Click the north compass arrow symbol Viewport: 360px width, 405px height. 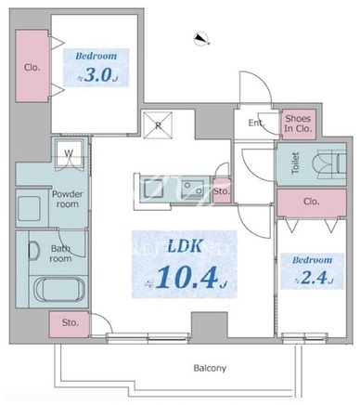(x=202, y=39)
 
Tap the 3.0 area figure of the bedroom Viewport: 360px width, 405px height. (x=97, y=76)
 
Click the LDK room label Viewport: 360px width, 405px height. (x=185, y=246)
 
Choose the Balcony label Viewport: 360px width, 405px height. (x=210, y=368)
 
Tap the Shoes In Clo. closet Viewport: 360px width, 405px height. (x=299, y=124)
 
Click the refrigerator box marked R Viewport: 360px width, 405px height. (x=158, y=125)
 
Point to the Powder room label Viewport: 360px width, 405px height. (x=67, y=199)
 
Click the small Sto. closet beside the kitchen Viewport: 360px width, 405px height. (x=222, y=191)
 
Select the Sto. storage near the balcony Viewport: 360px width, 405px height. (x=70, y=324)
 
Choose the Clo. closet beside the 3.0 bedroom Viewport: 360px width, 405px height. (x=32, y=66)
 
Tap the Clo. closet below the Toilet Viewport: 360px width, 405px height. (x=312, y=202)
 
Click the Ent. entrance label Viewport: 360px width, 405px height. (x=257, y=123)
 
